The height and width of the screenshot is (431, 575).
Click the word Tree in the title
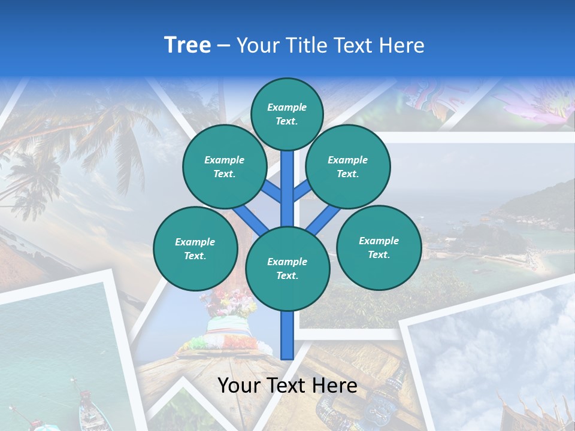(187, 45)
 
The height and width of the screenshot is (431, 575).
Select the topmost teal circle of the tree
(287, 114)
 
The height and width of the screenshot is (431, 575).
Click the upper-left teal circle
(224, 166)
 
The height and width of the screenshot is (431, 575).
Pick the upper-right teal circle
(348, 166)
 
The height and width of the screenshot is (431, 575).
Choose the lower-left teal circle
(195, 248)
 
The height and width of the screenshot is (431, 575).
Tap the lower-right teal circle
(379, 247)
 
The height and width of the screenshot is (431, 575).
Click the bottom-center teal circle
(287, 268)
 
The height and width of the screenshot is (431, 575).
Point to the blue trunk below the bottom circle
(287, 335)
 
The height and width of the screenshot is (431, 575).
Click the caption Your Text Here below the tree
(287, 386)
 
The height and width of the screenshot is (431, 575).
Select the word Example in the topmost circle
(287, 107)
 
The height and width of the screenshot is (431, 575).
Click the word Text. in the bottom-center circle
(287, 275)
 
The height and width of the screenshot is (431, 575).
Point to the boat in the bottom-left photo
(90, 410)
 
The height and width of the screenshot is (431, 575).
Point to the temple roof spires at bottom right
(527, 407)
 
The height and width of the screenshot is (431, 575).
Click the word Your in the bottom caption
(238, 386)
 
